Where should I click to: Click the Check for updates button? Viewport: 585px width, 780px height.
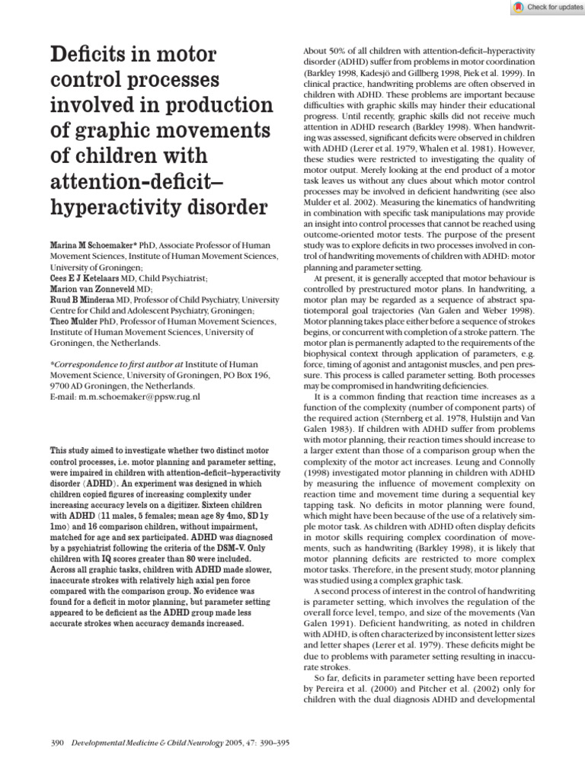pyautogui.click(x=544, y=7)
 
